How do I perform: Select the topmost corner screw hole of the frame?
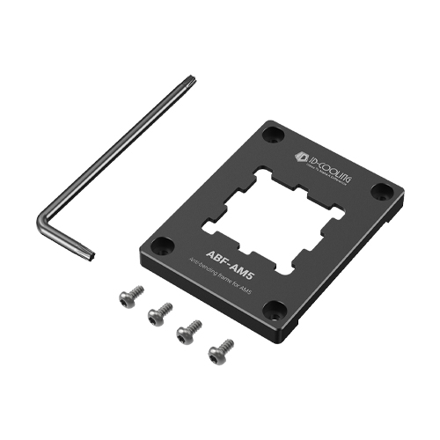pos(275,134)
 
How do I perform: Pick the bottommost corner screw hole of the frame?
pos(274,307)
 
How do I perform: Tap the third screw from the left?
pos(188,333)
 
